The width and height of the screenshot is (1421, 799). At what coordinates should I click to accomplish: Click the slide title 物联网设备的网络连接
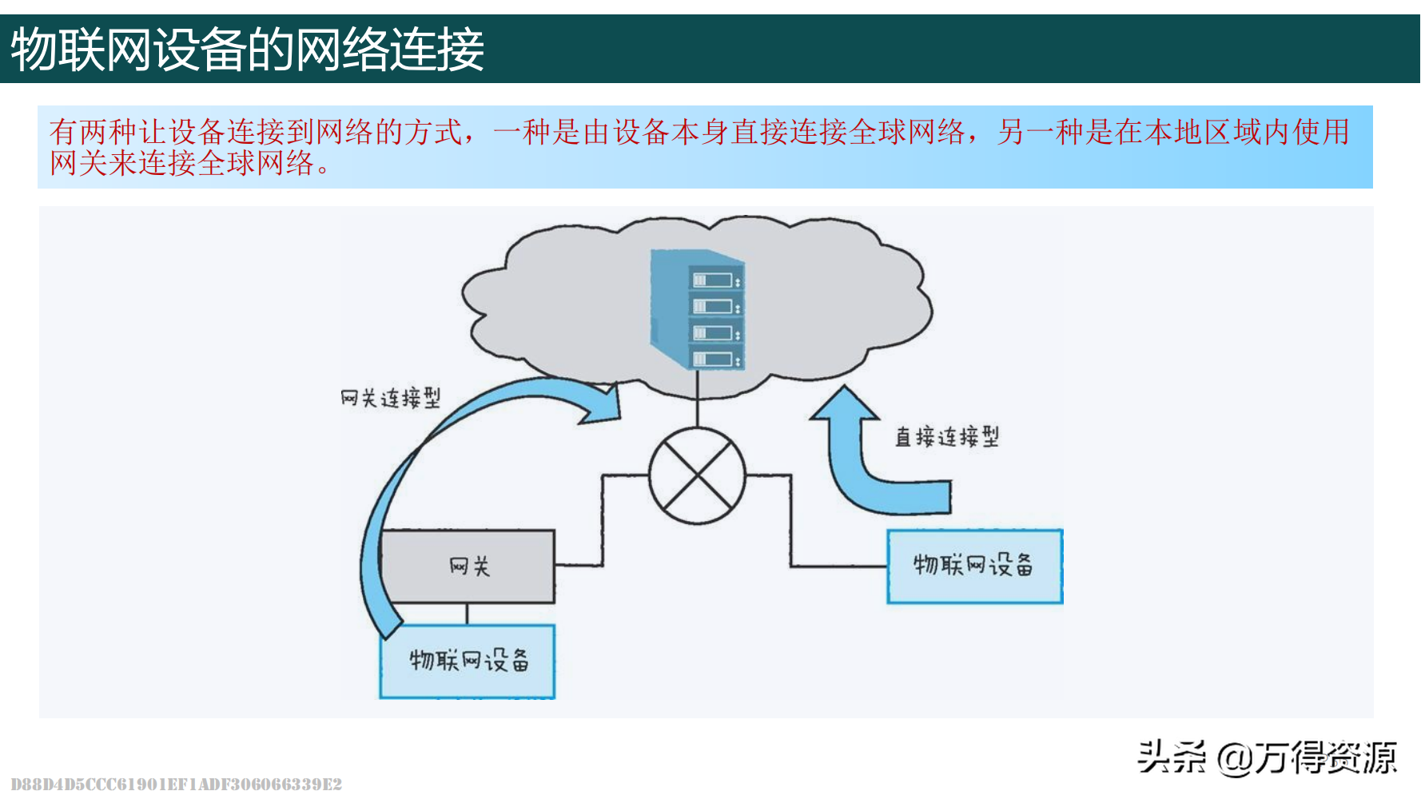click(247, 50)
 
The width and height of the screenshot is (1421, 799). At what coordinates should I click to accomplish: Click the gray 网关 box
click(468, 566)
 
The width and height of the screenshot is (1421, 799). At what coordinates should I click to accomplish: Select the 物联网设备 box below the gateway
click(468, 661)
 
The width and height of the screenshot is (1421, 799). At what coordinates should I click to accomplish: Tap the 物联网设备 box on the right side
click(974, 566)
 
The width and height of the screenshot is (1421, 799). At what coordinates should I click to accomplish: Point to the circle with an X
click(697, 475)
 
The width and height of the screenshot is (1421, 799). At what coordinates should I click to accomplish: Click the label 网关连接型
click(390, 398)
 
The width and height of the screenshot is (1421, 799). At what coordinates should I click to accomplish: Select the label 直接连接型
click(946, 437)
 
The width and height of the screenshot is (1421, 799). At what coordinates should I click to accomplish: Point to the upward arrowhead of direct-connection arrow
click(845, 403)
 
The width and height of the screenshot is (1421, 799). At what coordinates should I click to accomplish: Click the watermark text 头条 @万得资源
click(1267, 757)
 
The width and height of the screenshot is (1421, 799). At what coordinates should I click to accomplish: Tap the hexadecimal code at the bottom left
click(177, 784)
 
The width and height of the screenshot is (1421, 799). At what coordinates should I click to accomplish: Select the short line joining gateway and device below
click(467, 614)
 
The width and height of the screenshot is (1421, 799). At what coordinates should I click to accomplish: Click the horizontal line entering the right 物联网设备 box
click(839, 566)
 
